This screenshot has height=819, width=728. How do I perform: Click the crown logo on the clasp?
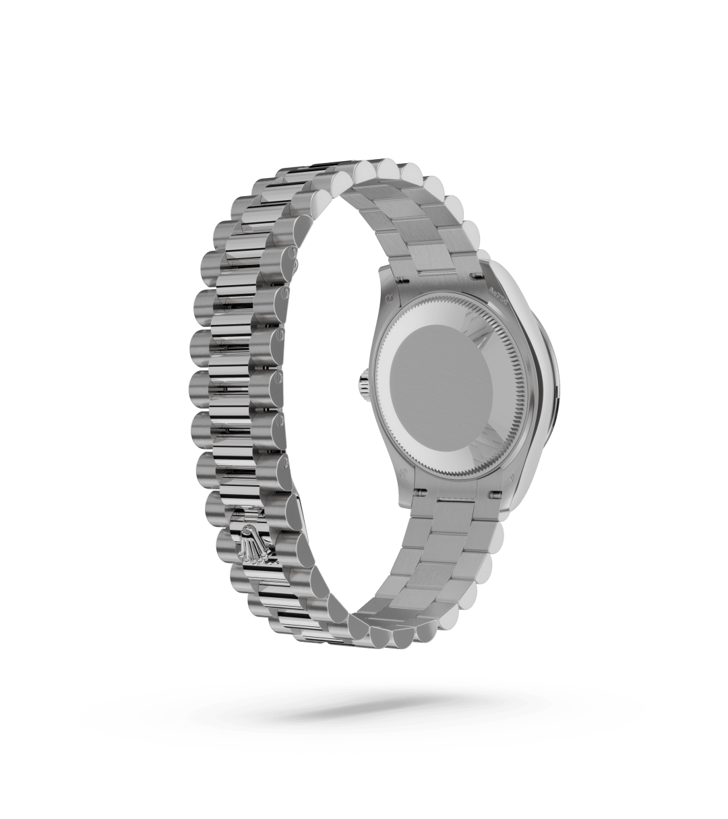pyautogui.click(x=254, y=543)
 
